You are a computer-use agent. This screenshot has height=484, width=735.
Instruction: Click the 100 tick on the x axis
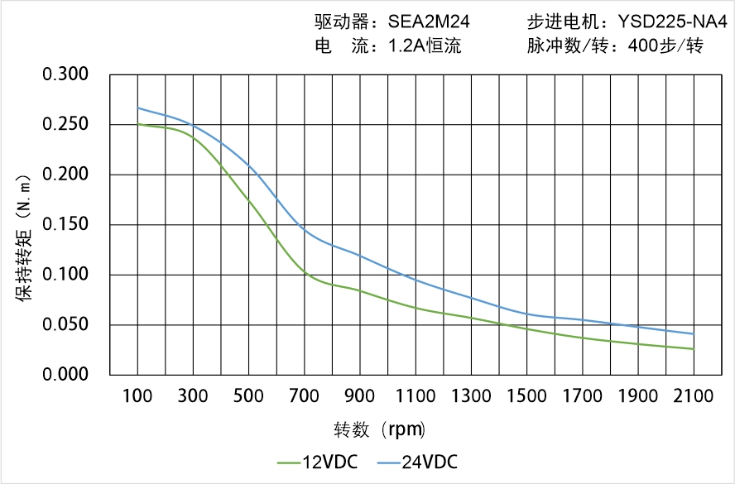click(x=137, y=396)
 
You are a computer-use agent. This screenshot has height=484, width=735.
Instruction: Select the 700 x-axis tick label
click(x=305, y=396)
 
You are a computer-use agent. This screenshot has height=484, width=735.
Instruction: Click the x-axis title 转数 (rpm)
click(x=379, y=429)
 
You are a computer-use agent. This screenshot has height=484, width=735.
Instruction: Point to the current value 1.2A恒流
click(x=425, y=46)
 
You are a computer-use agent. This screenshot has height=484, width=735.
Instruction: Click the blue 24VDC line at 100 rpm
click(x=137, y=108)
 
